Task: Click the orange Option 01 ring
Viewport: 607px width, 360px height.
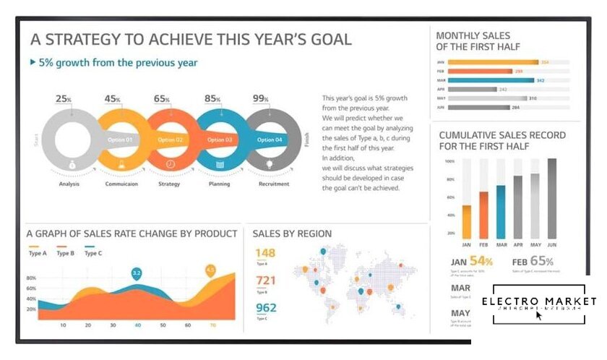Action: pos(119,140)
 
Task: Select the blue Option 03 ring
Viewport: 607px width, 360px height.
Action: pos(219,140)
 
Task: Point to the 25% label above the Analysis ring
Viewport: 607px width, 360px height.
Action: pos(64,98)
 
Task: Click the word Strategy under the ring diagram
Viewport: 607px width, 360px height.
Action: pos(169,184)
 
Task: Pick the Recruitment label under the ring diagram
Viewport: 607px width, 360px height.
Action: pos(274,184)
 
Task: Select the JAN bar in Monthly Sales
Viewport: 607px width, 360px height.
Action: pos(493,62)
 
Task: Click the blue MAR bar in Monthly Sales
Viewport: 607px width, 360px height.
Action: pos(491,80)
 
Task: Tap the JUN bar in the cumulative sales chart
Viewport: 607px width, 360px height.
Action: pos(552,198)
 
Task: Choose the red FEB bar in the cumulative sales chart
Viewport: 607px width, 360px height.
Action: pos(483,215)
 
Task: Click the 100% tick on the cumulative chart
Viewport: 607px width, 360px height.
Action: pos(449,161)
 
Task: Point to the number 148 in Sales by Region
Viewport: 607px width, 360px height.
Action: pos(265,253)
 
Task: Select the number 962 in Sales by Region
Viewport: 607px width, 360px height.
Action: pos(265,308)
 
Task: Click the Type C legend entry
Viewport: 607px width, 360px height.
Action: pos(93,253)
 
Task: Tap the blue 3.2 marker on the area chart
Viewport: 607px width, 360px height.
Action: pos(136,273)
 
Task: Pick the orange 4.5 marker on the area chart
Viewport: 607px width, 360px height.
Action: pos(210,270)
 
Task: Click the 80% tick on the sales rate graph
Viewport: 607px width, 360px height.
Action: pos(31,278)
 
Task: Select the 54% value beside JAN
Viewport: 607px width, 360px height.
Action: pos(481,261)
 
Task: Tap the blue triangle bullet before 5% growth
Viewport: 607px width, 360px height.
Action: pos(33,62)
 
